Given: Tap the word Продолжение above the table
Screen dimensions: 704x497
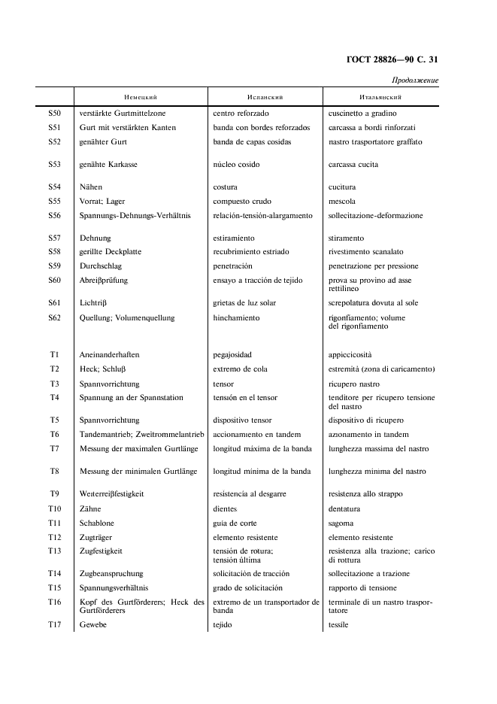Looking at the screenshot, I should click(x=414, y=80).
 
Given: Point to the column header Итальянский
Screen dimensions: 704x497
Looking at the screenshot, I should click(x=380, y=97).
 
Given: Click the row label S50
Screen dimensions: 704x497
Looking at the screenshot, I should click(x=54, y=113).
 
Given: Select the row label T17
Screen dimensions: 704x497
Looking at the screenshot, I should click(x=54, y=625).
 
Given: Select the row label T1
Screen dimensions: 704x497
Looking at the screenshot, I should click(x=54, y=354).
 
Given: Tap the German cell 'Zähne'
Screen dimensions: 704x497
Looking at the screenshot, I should click(x=90, y=508).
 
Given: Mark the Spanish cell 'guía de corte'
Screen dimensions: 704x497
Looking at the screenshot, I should click(x=235, y=523).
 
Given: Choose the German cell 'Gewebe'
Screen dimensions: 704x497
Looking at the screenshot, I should click(x=93, y=625).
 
